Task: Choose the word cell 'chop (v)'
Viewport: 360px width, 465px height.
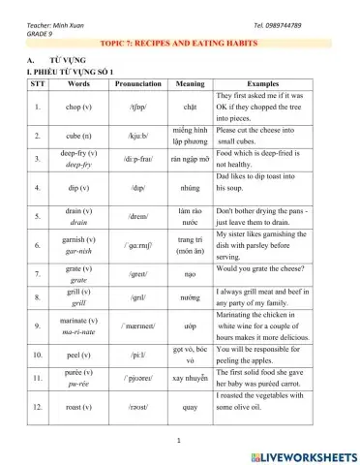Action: point(78,106)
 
